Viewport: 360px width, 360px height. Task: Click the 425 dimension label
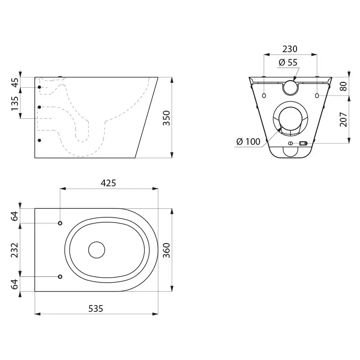(108, 183)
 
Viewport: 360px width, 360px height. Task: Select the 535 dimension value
(96, 309)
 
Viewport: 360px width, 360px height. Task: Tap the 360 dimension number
(166, 250)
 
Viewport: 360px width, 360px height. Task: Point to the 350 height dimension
(166, 118)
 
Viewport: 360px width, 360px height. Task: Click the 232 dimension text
(15, 250)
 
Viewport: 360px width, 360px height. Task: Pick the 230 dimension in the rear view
(290, 49)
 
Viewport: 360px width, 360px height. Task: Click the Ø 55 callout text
(288, 62)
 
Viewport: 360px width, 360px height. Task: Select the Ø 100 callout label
(248, 141)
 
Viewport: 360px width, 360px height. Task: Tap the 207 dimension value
(343, 119)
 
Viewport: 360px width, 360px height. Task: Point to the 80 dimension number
(343, 86)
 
